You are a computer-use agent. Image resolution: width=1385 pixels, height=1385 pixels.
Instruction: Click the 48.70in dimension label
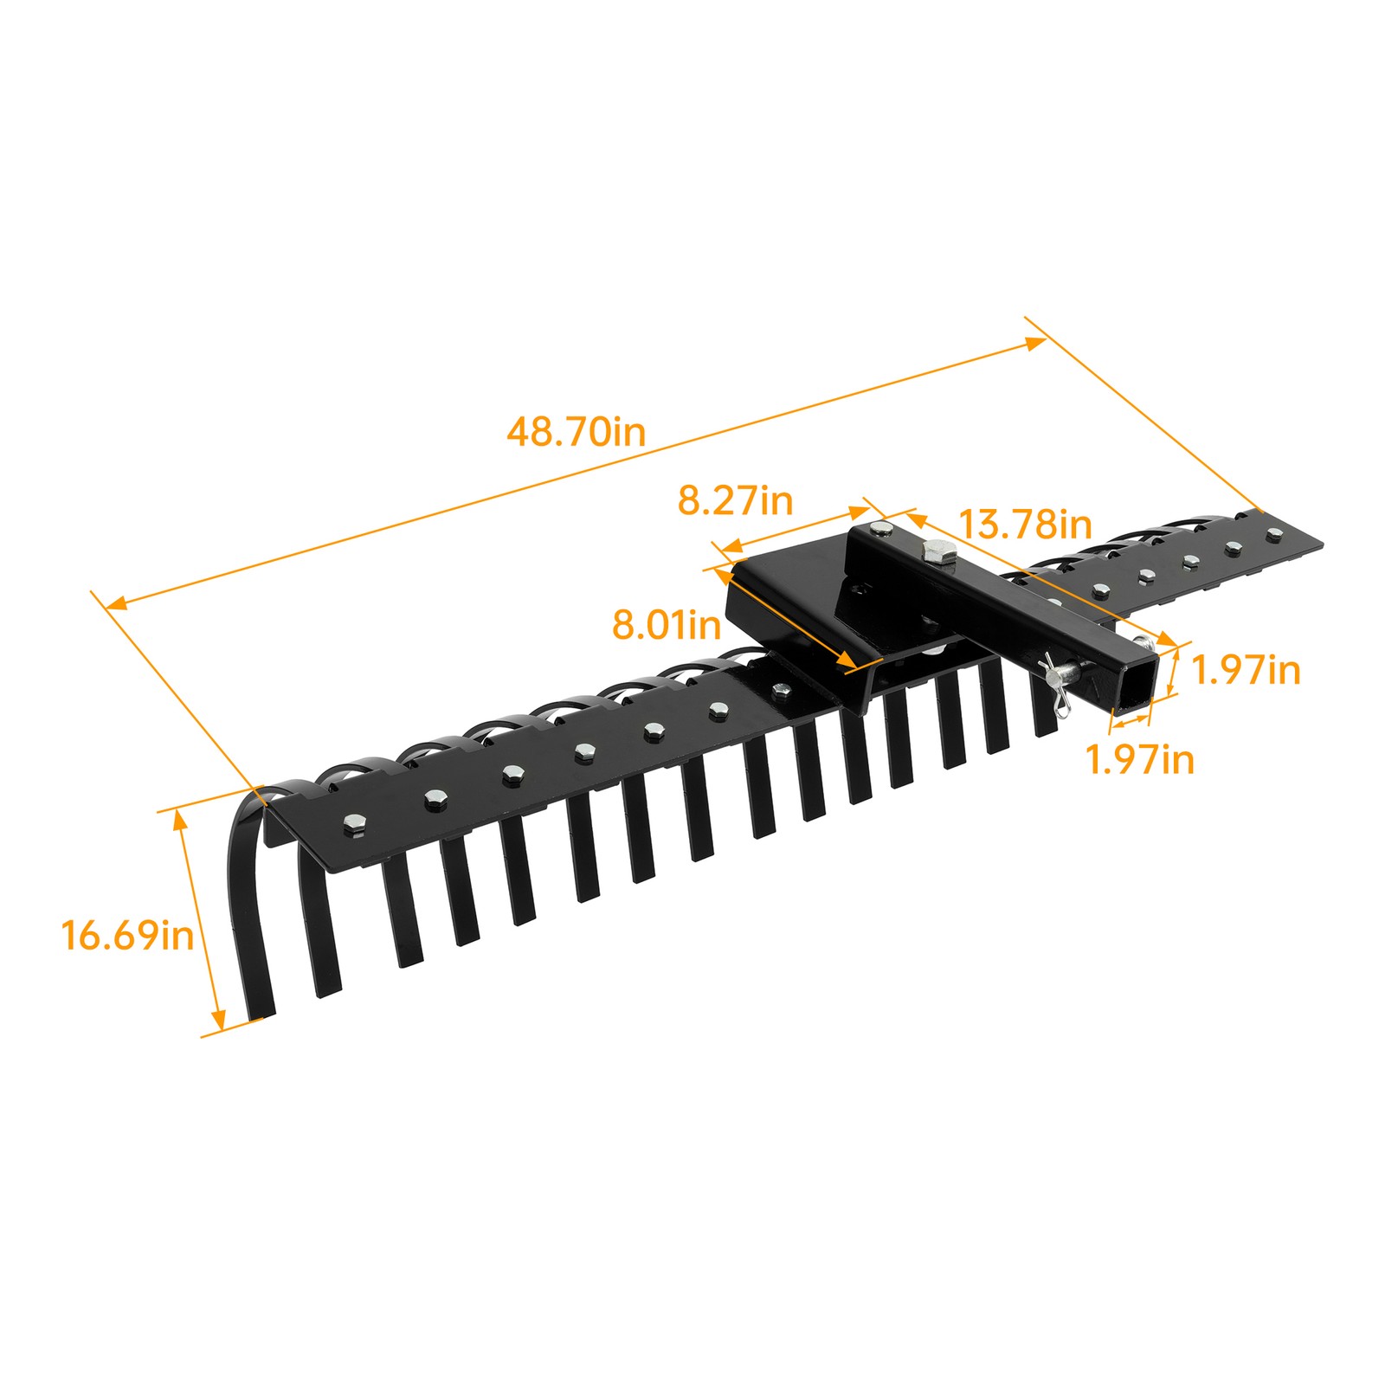tap(576, 431)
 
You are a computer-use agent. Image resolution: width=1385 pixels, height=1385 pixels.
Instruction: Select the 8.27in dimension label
tap(734, 500)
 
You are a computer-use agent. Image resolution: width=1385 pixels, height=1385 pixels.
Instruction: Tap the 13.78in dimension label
tap(1025, 525)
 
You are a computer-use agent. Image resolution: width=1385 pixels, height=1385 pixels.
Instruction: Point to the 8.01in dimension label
tap(666, 624)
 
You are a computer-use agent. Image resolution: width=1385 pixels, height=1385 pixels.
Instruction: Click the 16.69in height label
tap(127, 936)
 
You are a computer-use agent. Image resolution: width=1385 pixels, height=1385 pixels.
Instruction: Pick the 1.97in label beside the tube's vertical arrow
tap(1246, 670)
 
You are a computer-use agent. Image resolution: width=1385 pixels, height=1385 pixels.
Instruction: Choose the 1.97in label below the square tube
tap(1139, 760)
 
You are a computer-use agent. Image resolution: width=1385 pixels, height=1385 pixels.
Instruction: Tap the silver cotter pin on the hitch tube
tap(1061, 684)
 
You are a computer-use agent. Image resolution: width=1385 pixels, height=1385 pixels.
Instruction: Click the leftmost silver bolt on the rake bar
tap(353, 823)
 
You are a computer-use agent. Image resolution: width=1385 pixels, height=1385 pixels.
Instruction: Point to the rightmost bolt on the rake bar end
tap(1273, 534)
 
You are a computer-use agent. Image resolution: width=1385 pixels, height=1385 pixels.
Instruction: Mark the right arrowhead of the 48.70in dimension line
tap(1035, 343)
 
